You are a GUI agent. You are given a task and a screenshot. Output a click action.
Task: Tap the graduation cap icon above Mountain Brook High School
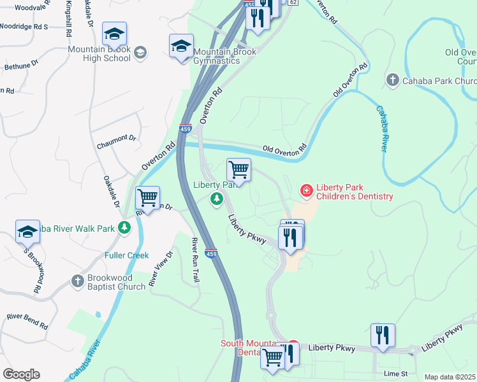pos(114,33)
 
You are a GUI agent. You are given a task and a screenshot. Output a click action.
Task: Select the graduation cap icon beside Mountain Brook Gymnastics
pos(181,46)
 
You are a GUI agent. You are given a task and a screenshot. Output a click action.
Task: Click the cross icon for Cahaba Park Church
pos(392,81)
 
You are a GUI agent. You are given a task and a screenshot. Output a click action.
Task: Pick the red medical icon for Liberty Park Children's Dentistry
pos(306,190)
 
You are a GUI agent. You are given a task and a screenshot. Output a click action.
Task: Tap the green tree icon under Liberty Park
pos(217,200)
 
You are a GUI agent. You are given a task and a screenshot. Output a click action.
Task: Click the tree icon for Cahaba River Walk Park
pos(124,227)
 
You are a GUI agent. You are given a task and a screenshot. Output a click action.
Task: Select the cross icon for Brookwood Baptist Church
pos(77,281)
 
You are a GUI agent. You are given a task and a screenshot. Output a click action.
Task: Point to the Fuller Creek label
pos(127,255)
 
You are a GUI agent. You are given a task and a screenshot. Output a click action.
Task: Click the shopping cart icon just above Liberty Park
pos(238,170)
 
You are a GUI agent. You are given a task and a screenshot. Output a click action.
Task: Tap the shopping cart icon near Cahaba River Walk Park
pos(147,198)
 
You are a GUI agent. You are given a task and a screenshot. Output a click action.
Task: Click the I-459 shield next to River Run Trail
pos(212,252)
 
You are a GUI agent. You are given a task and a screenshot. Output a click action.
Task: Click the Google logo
pos(21,374)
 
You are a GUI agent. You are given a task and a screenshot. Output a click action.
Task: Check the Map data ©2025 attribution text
pos(450,377)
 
